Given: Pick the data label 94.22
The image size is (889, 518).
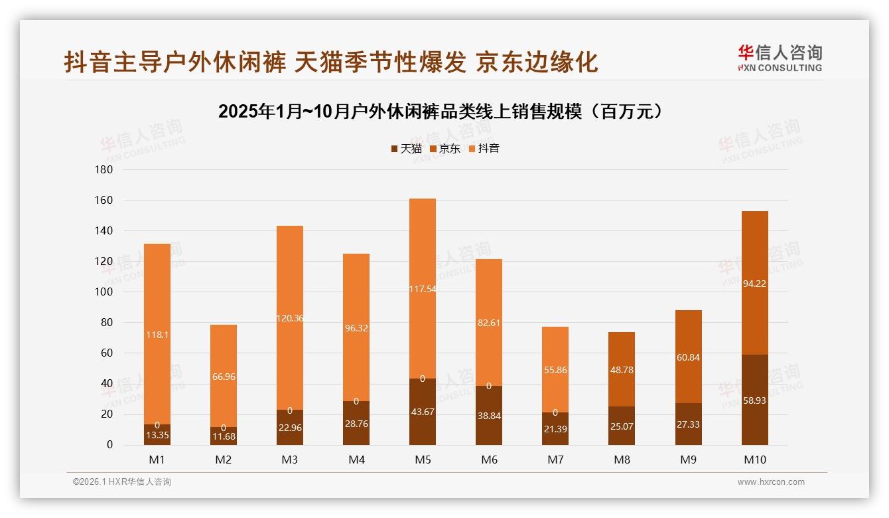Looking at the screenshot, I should [754, 284].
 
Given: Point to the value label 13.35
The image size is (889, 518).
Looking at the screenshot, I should [157, 436].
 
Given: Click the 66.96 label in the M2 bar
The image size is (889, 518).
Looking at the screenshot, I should [224, 377].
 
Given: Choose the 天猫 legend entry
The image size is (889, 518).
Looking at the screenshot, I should [406, 149].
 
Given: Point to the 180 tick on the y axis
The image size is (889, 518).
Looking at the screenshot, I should [104, 170].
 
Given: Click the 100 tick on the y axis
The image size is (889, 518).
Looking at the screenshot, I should [104, 292].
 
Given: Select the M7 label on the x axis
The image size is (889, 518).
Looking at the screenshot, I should [555, 460].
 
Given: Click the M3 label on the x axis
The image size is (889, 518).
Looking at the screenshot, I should [290, 460].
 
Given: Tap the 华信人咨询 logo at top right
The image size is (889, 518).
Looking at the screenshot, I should [780, 58].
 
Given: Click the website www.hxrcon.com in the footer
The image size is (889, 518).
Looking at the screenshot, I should [771, 482].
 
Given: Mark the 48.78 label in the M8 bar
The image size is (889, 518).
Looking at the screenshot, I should [622, 370].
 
